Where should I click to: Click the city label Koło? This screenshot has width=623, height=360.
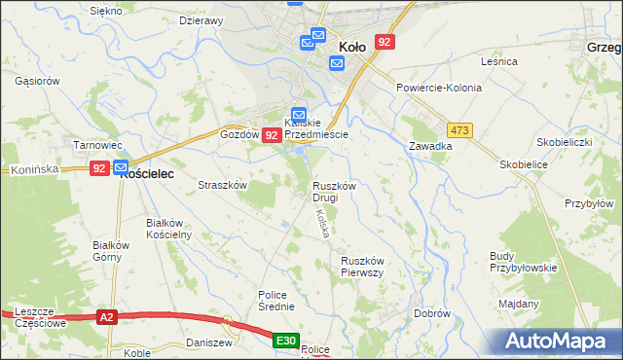coord(351,46)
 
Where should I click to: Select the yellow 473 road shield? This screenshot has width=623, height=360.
coord(460,130)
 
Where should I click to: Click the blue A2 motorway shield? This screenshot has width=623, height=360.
coord(107,316)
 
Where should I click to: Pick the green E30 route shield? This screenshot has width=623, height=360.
coord(284,340)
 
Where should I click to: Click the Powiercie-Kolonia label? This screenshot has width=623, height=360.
coord(439,88)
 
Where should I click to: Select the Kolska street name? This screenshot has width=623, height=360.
coord(320,226)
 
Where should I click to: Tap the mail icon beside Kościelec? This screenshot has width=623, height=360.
coord(122,167)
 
